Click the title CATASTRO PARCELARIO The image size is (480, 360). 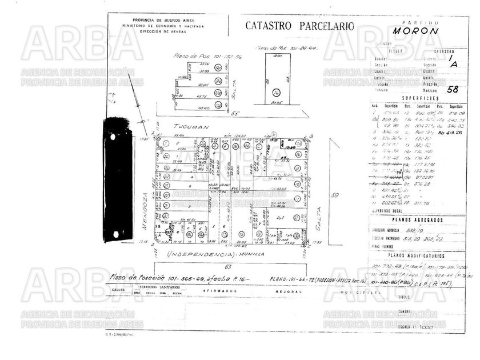click(x=299, y=26)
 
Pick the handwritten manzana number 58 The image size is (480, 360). click(x=454, y=89)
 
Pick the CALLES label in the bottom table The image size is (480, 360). click(x=118, y=290)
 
